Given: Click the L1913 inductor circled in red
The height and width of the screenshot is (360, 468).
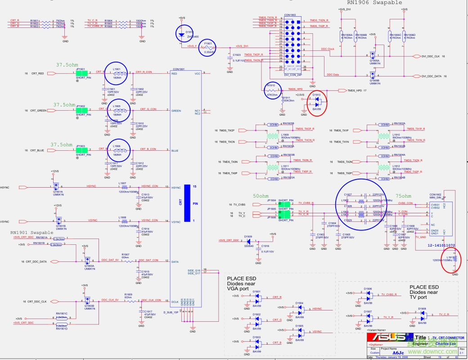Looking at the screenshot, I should click(454, 259).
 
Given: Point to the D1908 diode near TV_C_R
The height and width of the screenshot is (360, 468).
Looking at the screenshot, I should click(422, 315).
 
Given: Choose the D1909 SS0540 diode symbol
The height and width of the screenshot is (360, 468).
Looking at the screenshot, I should click(248, 241).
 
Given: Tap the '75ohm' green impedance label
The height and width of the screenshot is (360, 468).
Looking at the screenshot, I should click(403, 196).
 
